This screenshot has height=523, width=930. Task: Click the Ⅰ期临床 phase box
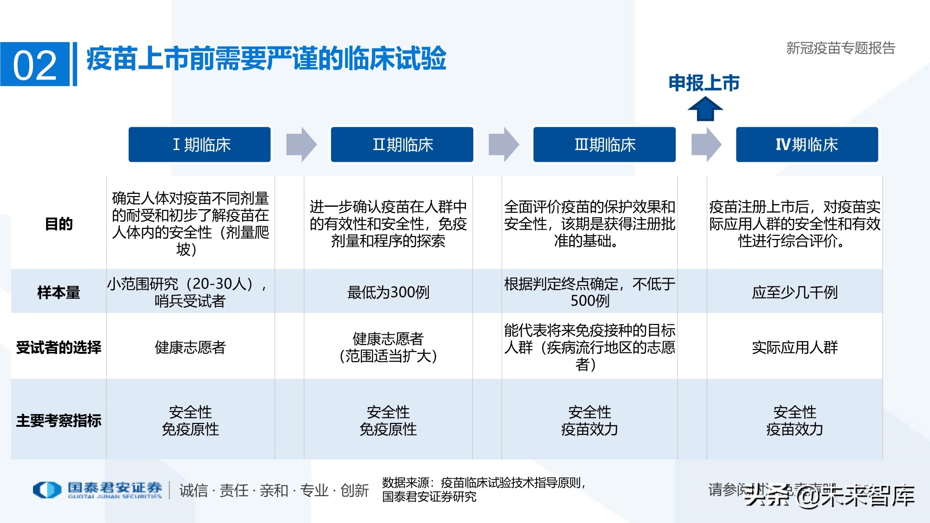pos(199,145)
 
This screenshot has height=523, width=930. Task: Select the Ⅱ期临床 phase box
pos(402,145)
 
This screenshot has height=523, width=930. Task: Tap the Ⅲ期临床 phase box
pos(604,145)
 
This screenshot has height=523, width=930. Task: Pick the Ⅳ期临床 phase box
pos(807,145)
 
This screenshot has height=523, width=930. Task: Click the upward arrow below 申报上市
pos(705,109)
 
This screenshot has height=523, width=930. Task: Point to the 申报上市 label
pos(704,83)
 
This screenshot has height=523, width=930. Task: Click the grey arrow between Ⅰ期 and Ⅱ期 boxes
pos(301,145)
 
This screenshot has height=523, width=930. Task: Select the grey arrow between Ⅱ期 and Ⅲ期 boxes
pos(503,145)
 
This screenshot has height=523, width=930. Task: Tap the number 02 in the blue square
pos(35,65)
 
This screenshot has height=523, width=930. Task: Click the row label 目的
pos(59,224)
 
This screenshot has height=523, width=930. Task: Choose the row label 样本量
pos(59,292)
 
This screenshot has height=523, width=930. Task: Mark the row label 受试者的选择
pos(59,347)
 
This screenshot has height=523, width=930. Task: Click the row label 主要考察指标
pos(59,421)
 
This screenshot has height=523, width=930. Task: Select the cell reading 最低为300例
pos(388,292)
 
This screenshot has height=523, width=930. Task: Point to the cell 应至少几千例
pos(795,292)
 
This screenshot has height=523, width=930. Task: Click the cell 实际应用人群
pos(795,347)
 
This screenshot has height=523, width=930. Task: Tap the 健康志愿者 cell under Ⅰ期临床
pos(190,347)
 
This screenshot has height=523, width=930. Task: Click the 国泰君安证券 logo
pos(98,490)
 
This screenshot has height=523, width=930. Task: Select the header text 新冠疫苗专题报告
pos(840,48)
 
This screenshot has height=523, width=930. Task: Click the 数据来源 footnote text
pos(484,490)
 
